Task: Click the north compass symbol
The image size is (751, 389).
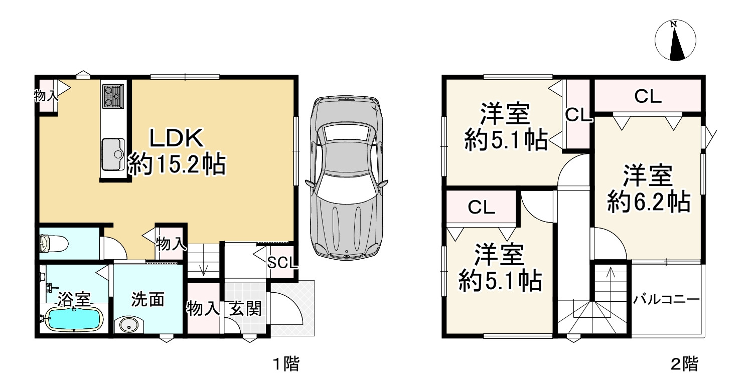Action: click(x=675, y=41)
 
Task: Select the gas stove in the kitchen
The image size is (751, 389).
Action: click(x=112, y=96)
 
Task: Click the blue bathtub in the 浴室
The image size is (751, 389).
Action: click(x=74, y=319)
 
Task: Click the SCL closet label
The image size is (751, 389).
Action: click(x=282, y=263)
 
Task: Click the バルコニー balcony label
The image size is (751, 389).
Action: click(x=666, y=300)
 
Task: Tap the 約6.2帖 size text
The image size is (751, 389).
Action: click(x=647, y=203)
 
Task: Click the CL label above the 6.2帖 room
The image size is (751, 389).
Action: click(x=647, y=97)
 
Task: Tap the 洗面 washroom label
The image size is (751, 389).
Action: click(x=148, y=300)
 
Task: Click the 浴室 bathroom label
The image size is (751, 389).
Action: click(x=73, y=300)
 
